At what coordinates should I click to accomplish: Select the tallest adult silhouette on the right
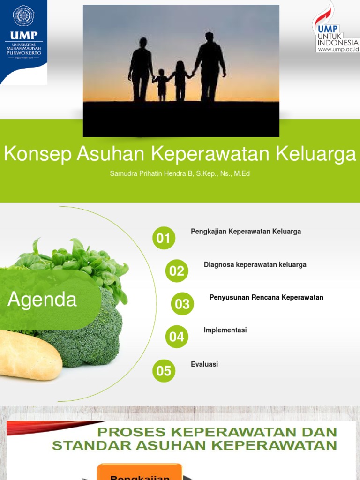click(x=210, y=66)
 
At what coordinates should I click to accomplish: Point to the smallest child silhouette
click(x=161, y=84)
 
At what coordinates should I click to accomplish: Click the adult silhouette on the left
click(x=141, y=68)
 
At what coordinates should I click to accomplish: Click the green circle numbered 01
click(x=164, y=238)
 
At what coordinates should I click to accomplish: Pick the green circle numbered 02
click(x=177, y=271)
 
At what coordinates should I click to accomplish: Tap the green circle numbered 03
click(x=182, y=304)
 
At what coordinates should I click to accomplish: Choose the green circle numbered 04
click(x=177, y=337)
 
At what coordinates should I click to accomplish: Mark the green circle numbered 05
click(x=164, y=371)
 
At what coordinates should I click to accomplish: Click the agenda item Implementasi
click(x=225, y=330)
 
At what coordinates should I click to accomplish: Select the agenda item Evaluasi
click(x=204, y=364)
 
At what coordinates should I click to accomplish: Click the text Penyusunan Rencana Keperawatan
click(x=266, y=298)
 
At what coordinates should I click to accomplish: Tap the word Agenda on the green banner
click(x=42, y=299)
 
